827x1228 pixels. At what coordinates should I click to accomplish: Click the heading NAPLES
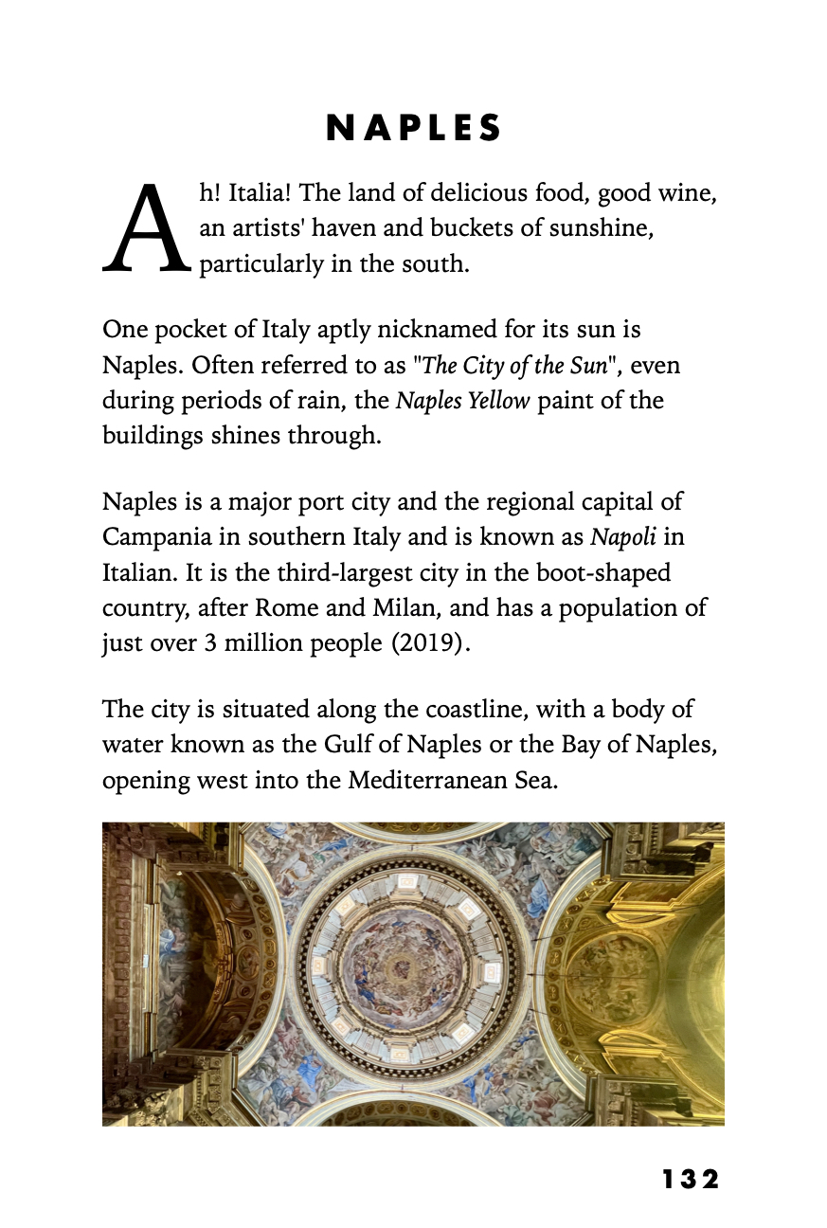[413, 129]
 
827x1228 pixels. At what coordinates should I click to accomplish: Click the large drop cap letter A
[146, 227]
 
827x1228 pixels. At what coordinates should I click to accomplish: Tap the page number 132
[691, 1179]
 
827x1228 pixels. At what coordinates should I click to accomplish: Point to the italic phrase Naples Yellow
[462, 401]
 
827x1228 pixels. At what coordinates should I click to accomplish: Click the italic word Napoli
[623, 537]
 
